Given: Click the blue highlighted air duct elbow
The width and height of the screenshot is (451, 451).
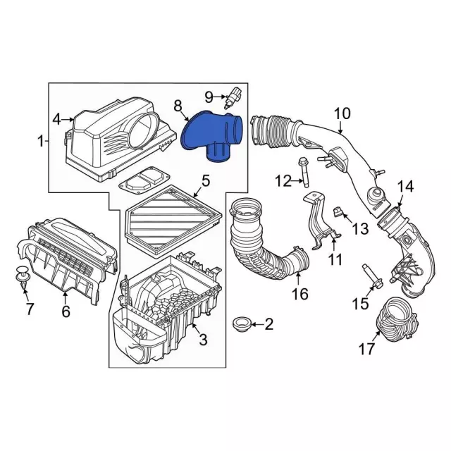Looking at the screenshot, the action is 211,136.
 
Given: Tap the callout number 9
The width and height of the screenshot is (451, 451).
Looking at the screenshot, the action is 209,97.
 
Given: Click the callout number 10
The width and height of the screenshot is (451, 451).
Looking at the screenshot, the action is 342,113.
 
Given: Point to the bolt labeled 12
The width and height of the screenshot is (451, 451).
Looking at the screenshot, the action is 304,172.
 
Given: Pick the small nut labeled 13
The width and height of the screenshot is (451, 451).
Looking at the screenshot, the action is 337,212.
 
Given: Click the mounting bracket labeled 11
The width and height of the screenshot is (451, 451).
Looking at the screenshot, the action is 321,221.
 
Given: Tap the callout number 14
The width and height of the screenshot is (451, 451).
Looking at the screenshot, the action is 405,186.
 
